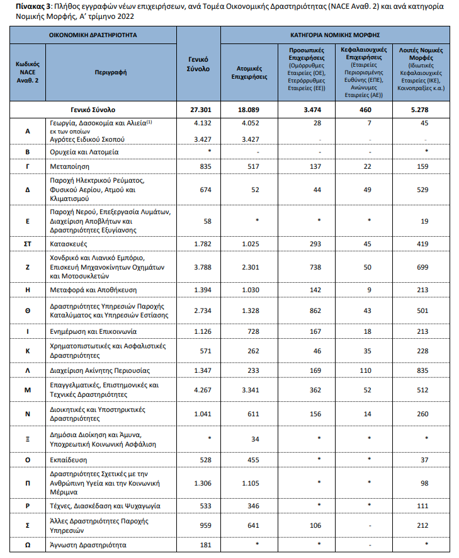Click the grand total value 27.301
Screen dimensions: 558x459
pos(205,110)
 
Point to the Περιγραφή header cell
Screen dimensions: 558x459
pos(111,72)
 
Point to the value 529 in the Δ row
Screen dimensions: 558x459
pos(422,190)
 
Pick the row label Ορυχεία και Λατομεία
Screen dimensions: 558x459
pos(83,152)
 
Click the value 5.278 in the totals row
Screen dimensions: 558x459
pos(422,110)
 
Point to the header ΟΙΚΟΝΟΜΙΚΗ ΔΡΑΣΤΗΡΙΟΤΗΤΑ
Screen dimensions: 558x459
pos(93,34)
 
